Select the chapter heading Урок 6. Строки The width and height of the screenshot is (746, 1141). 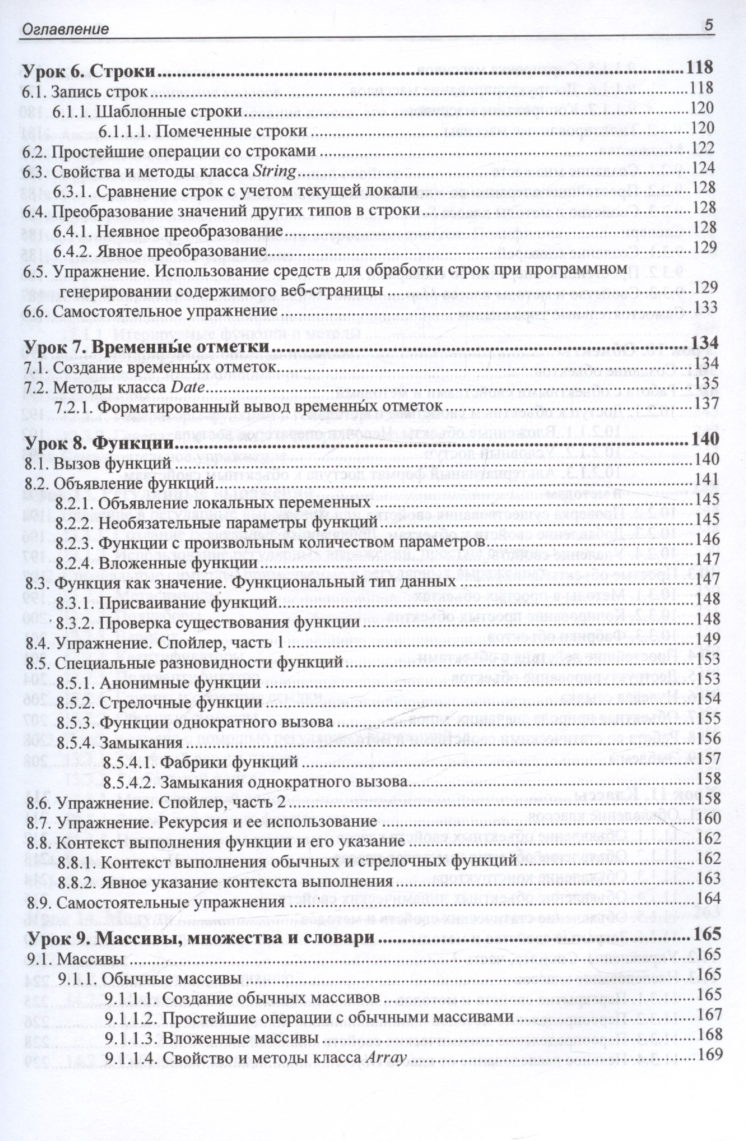click(90, 71)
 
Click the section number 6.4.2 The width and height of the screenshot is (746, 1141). click(70, 251)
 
